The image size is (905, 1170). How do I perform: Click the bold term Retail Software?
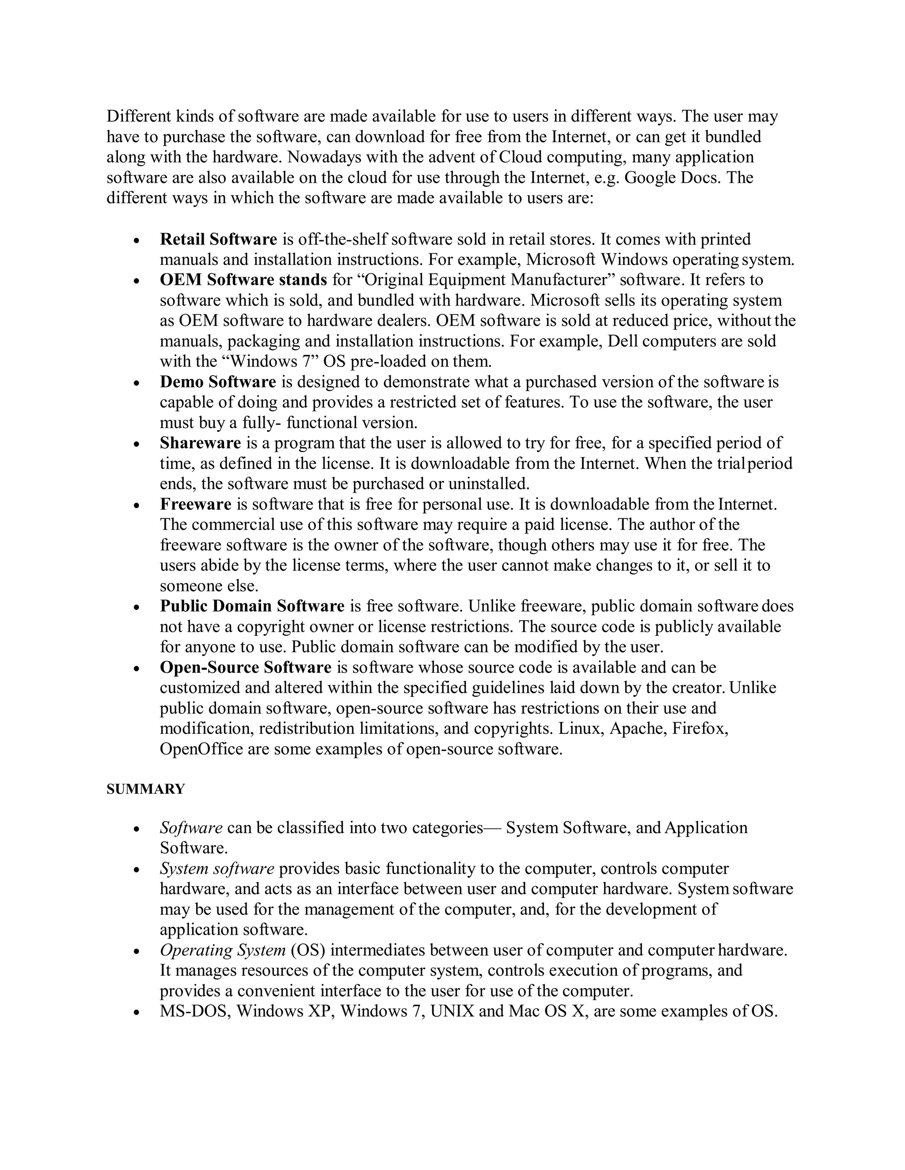[218, 239]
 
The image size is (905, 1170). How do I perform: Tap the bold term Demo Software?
[218, 382]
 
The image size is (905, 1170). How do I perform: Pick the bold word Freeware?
[196, 505]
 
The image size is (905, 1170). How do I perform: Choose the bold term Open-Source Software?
[246, 668]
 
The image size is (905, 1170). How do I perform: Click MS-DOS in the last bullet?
[195, 1011]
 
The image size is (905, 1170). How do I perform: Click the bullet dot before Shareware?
[137, 445]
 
